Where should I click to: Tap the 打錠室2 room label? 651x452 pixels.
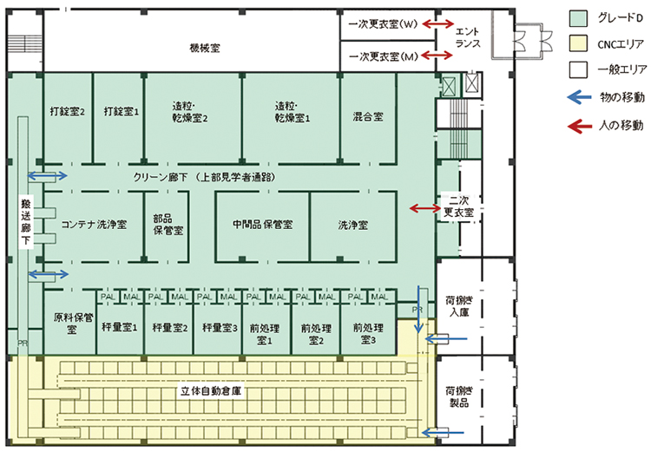pyautogui.click(x=67, y=112)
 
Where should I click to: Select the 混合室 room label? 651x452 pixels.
pyautogui.click(x=369, y=115)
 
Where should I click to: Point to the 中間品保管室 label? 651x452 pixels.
pyautogui.click(x=262, y=225)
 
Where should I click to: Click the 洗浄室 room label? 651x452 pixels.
pyautogui.click(x=352, y=225)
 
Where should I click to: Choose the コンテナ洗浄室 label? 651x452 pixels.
pyautogui.click(x=95, y=225)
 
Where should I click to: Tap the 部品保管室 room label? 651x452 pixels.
pyautogui.click(x=168, y=225)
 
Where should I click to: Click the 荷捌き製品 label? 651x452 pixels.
pyautogui.click(x=457, y=396)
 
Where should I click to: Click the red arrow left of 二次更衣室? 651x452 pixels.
pyautogui.click(x=425, y=208)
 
